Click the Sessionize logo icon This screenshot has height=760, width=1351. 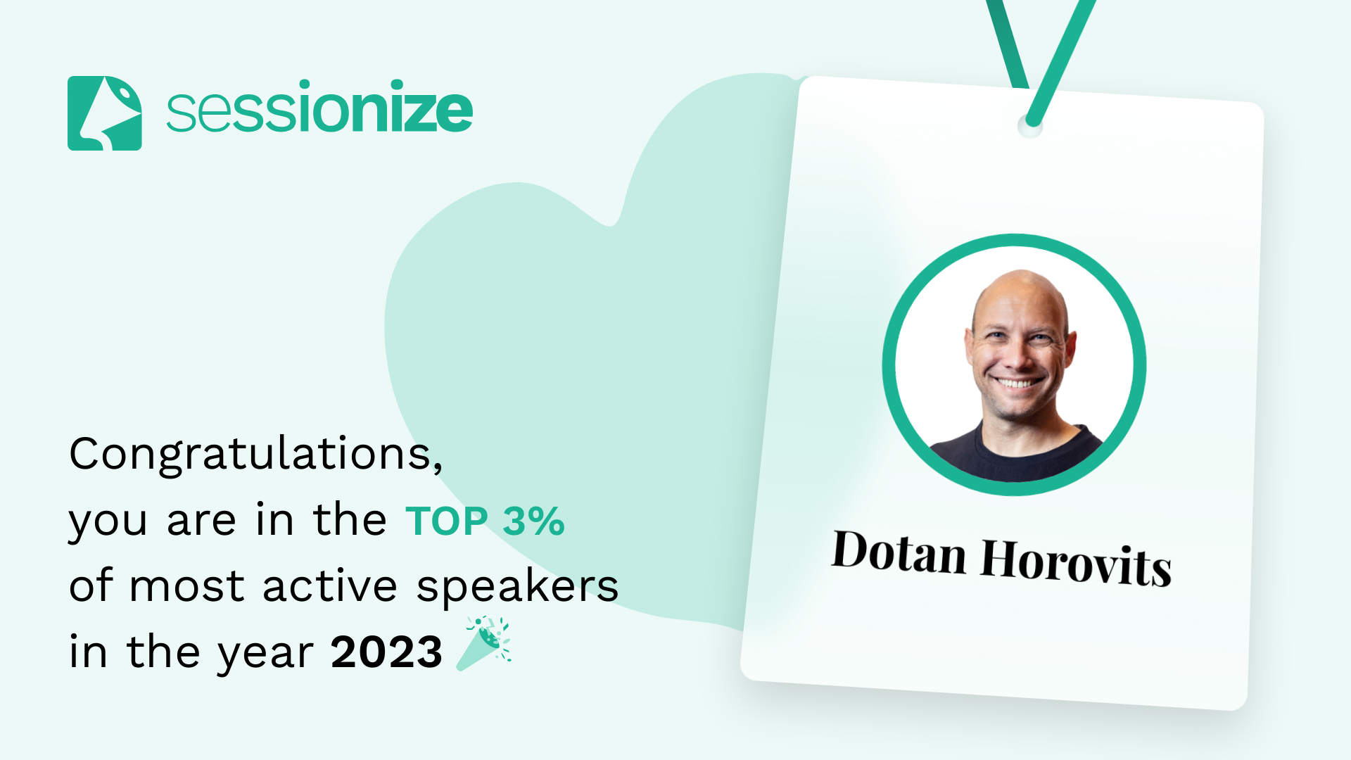click(x=105, y=113)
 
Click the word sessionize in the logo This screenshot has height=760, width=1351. click(x=319, y=107)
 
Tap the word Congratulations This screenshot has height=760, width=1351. click(x=256, y=454)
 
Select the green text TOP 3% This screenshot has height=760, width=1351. click(x=485, y=521)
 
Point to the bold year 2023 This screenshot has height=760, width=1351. click(x=386, y=652)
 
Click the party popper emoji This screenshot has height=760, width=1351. click(x=483, y=643)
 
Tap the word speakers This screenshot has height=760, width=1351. click(x=517, y=586)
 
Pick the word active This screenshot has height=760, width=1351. click(x=330, y=585)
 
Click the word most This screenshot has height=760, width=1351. click(x=186, y=587)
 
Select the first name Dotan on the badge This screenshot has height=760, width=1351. click(x=899, y=552)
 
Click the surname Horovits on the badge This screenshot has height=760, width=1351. click(x=1076, y=562)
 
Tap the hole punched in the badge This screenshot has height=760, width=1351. click(x=1030, y=127)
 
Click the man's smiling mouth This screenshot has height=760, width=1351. click(x=1017, y=382)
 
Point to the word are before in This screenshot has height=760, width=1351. click(x=201, y=521)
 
